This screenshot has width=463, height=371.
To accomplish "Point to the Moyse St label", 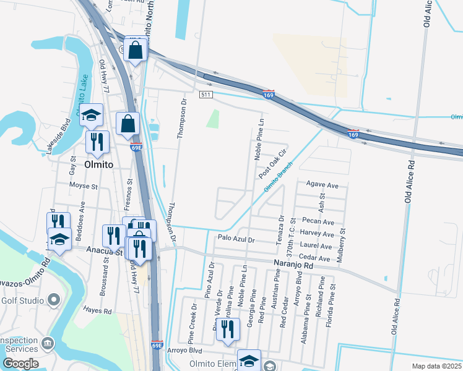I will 84,185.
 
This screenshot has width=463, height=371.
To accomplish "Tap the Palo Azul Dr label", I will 236,238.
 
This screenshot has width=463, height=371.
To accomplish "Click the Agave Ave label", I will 322,185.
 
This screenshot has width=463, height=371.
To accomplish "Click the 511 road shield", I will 207,95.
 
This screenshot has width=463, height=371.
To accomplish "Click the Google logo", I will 20,364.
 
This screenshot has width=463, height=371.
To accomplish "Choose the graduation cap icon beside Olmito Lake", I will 91,114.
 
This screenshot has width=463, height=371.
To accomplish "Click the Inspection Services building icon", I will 47,343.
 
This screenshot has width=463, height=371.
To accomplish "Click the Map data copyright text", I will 438,366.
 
